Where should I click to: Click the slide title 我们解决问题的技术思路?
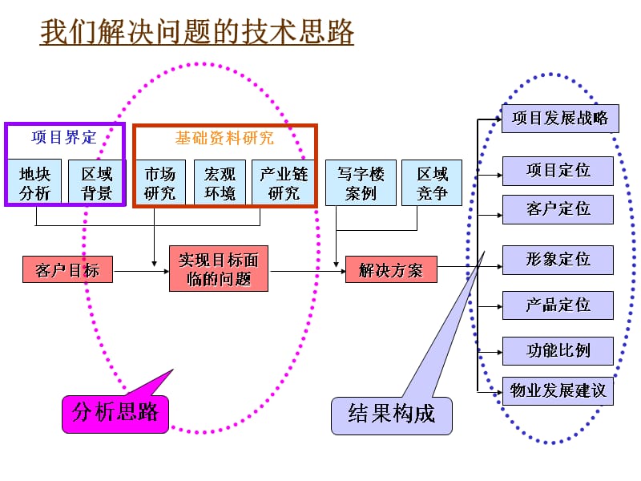[x=197, y=33]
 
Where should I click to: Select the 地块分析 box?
[x=34, y=183]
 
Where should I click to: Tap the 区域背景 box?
[x=96, y=183]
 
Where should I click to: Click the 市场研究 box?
[x=159, y=183]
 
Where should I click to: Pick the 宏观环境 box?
[x=220, y=183]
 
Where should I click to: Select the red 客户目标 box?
[x=67, y=269]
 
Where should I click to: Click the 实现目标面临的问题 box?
[x=219, y=269]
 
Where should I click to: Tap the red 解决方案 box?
[x=391, y=269]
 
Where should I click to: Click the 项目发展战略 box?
[x=559, y=119]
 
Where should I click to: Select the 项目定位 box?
[x=558, y=171]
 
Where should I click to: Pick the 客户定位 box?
[x=558, y=209]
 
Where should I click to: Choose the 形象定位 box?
[x=558, y=260]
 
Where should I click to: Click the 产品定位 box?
[x=558, y=305]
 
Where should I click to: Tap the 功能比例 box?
[x=558, y=351]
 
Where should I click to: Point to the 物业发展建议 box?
[x=558, y=391]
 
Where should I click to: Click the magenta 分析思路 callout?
[x=115, y=414]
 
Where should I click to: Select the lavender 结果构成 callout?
[x=391, y=415]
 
